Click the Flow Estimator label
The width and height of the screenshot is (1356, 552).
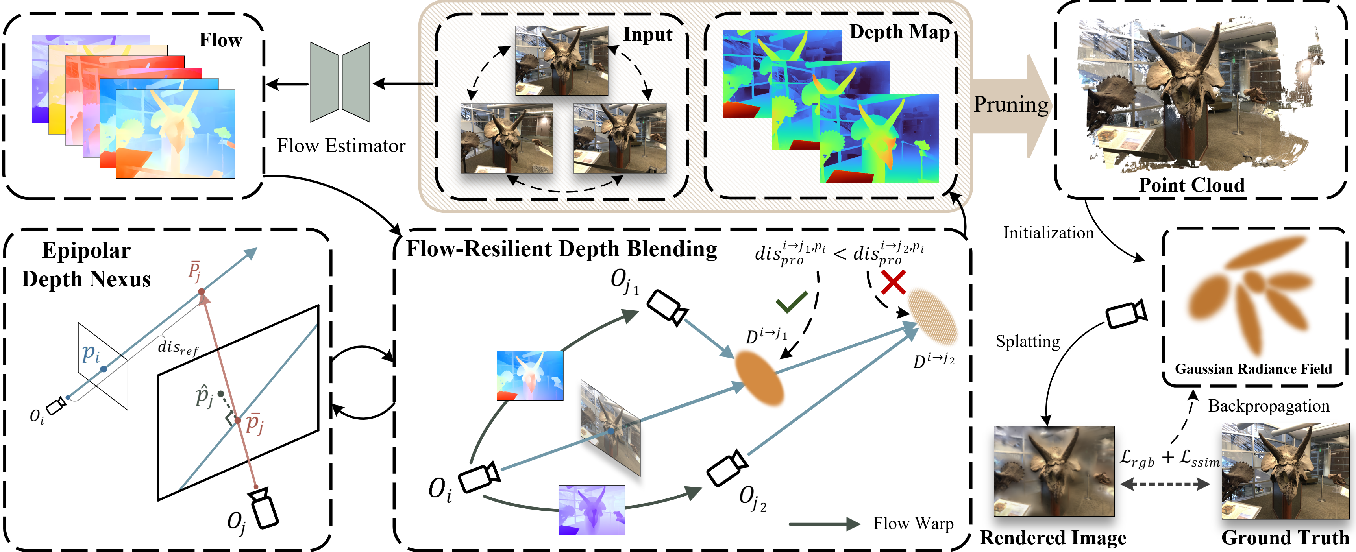[341, 146]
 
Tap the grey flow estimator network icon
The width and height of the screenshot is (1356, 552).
[340, 83]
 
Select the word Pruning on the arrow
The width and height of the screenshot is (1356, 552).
[1010, 104]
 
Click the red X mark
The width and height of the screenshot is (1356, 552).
[893, 282]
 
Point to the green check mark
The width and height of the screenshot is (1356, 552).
[791, 302]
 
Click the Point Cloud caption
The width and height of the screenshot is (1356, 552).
[1191, 185]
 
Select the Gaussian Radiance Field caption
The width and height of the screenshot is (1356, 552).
[1253, 369]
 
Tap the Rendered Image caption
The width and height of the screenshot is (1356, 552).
[1053, 538]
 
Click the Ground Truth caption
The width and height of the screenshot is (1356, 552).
[1285, 538]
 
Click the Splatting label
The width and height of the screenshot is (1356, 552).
[1027, 342]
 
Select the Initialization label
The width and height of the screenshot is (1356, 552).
[1048, 233]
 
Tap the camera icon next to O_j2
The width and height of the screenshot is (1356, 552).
[727, 468]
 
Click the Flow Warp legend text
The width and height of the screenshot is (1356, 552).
[913, 524]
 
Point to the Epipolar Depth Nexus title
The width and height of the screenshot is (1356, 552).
[86, 265]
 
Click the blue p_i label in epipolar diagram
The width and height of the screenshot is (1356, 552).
[91, 353]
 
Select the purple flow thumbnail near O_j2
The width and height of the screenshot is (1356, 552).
[592, 510]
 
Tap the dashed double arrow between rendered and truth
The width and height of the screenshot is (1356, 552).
[1165, 484]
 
